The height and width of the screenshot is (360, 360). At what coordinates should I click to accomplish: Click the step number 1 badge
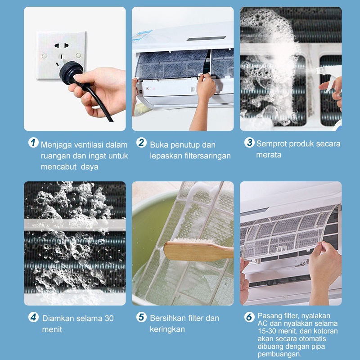click(33, 142)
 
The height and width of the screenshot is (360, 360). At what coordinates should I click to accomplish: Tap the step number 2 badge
click(141, 142)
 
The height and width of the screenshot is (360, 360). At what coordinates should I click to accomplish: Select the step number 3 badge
click(249, 142)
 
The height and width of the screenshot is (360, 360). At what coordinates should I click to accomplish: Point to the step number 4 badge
click(33, 317)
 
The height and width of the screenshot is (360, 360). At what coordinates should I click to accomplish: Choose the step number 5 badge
click(141, 317)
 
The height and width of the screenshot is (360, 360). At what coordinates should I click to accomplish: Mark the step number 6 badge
click(249, 317)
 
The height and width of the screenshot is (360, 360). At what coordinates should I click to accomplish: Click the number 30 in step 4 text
click(109, 318)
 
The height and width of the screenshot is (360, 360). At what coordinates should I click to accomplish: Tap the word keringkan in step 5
click(167, 329)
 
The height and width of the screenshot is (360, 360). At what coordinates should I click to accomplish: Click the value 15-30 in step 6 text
click(267, 331)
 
